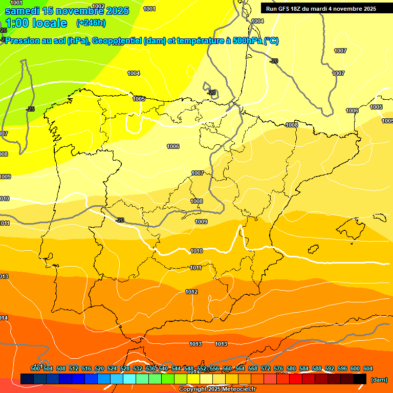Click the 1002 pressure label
98,7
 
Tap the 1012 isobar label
191,292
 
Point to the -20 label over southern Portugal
120,220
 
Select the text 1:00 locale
36,23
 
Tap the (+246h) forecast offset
91,23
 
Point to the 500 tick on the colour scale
35,368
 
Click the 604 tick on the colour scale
367,368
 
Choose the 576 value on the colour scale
278,368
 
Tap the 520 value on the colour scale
99,368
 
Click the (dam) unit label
379,380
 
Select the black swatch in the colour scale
360,379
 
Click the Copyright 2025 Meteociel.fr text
217,389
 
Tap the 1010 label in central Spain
196,251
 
